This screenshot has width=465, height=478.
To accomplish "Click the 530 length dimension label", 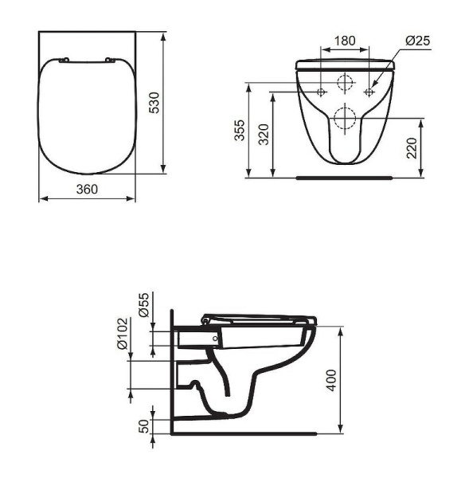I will click(154, 102).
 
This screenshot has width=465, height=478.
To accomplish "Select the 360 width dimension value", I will click(87, 189).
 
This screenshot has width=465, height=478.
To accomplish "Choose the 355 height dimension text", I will click(238, 131).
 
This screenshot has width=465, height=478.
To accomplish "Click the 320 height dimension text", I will click(263, 134).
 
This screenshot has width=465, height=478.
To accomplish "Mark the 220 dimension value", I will click(411, 148).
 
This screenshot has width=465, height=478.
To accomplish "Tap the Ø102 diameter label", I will click(122, 335).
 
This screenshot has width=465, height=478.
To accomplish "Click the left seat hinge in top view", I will click(65, 61).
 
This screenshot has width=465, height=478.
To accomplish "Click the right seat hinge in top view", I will click(109, 61).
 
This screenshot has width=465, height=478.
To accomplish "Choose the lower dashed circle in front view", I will click(345, 119).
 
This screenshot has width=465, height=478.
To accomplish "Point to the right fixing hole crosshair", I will click(369, 92).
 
